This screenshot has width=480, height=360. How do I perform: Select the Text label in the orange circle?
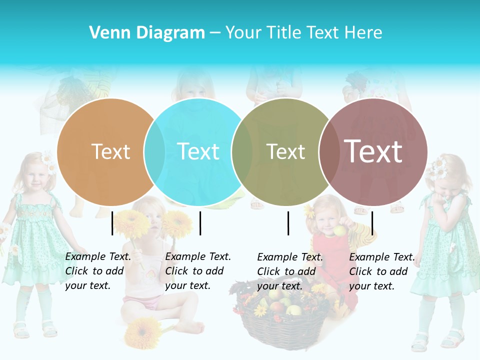(110, 151)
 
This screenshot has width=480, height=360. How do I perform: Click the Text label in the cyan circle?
(198, 151)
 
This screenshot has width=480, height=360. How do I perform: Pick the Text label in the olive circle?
(285, 151)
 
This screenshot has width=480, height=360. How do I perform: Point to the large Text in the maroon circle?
(373, 151)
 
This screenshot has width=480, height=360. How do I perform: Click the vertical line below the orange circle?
(112, 223)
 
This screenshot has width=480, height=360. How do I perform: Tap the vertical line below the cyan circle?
(200, 223)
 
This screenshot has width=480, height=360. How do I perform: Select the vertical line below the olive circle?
(288, 223)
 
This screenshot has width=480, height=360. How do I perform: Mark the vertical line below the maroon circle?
(372, 223)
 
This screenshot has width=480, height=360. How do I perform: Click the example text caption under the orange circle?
(98, 271)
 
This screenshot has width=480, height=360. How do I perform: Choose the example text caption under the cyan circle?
(198, 271)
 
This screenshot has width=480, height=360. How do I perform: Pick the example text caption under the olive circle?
(290, 271)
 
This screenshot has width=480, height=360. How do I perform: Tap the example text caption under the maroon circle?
(382, 271)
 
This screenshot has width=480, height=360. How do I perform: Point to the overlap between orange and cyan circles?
(154, 151)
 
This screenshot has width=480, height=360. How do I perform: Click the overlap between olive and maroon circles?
(328, 151)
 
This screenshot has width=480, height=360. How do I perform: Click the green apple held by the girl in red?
(340, 230)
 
